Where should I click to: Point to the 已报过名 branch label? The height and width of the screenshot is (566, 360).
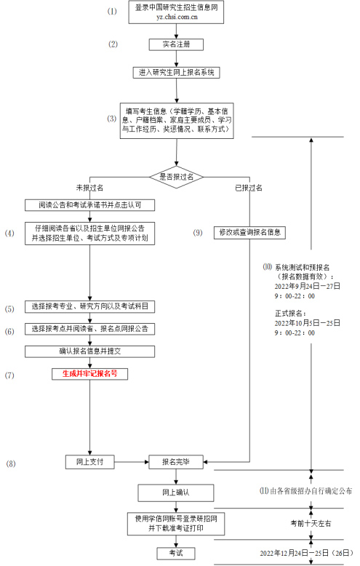[x=249, y=187]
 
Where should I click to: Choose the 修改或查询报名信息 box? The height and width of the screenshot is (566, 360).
[x=249, y=233]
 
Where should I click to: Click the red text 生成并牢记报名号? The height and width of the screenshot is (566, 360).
[x=89, y=373]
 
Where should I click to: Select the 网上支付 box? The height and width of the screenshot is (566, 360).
[x=89, y=461]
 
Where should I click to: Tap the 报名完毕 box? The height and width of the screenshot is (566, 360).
[x=175, y=461]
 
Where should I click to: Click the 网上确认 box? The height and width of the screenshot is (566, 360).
[x=175, y=493]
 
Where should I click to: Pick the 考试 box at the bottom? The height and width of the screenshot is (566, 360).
[x=175, y=554]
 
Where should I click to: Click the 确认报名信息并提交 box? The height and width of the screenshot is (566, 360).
[x=89, y=351]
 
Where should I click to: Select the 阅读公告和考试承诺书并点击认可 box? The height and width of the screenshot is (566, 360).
[x=89, y=204]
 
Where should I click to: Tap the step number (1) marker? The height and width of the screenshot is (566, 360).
[x=111, y=12]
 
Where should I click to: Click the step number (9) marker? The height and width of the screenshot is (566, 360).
[x=197, y=233]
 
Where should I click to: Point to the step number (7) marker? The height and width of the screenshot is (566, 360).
[x=9, y=375]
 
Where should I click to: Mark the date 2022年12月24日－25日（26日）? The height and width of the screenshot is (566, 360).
[x=305, y=554]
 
